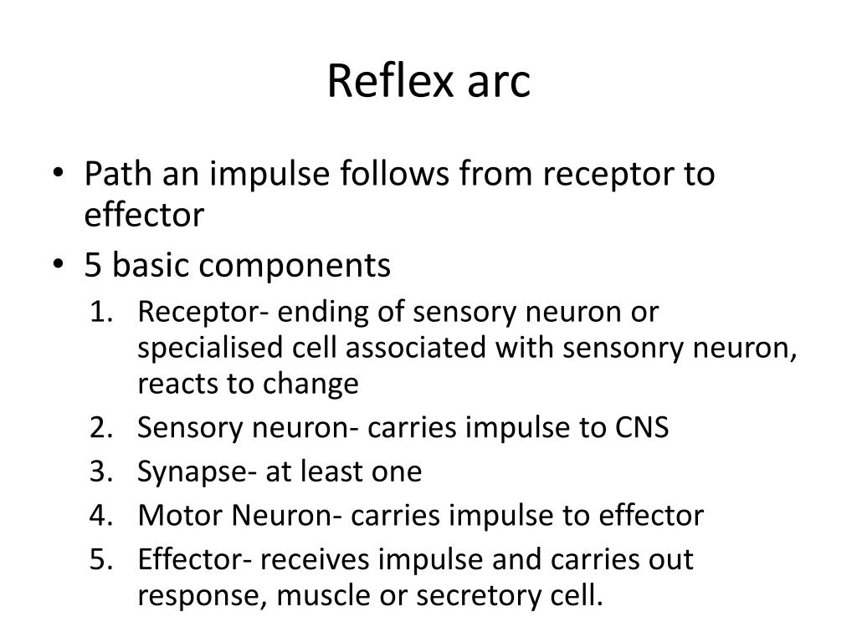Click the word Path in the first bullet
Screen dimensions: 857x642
point(113,175)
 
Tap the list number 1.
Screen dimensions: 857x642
point(100,313)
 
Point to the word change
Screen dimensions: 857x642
point(311,385)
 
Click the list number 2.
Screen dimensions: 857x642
point(100,428)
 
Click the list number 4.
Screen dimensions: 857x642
point(100,516)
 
